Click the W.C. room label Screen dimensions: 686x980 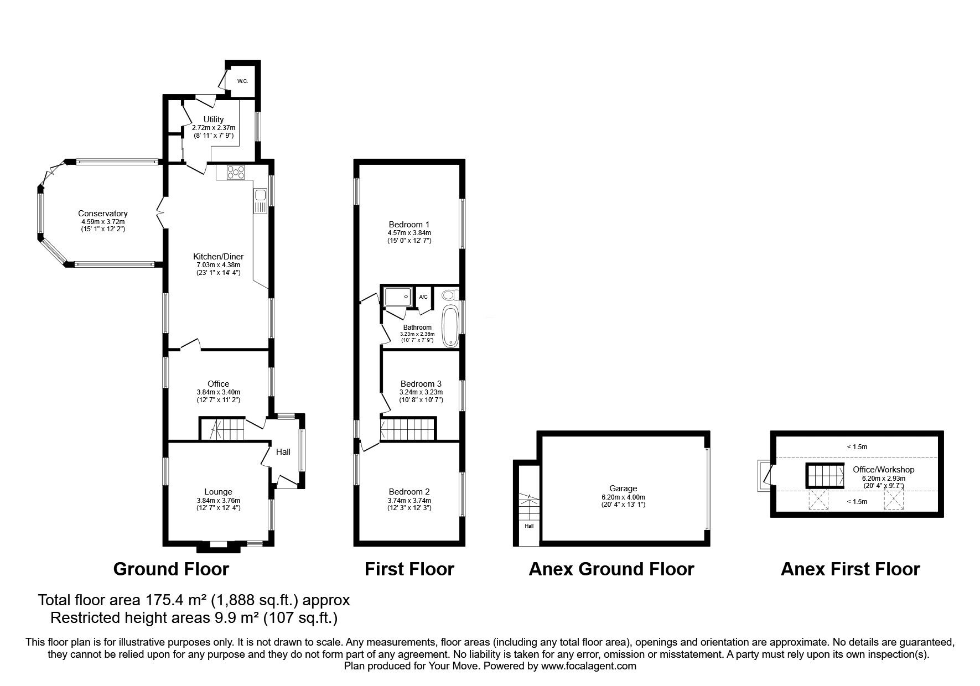pyautogui.click(x=242, y=81)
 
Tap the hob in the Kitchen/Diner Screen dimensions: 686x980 pyautogui.click(x=236, y=172)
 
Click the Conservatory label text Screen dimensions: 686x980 pyautogui.click(x=103, y=214)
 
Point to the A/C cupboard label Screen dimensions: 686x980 pyautogui.click(x=423, y=297)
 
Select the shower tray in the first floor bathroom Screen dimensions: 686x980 pyautogui.click(x=398, y=297)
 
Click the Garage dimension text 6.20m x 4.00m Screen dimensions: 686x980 pyautogui.click(x=624, y=497)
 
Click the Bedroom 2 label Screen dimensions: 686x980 pyautogui.click(x=409, y=492)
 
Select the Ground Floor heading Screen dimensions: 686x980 pyautogui.click(x=171, y=569)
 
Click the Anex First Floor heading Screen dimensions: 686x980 pyautogui.click(x=850, y=569)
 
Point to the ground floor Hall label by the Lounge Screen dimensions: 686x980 pyautogui.click(x=283, y=452)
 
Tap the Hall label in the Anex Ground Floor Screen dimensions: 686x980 pyautogui.click(x=529, y=526)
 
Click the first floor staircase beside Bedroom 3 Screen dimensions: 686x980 pyautogui.click(x=408, y=429)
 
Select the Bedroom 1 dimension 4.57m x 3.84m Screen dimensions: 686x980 pyautogui.click(x=409, y=233)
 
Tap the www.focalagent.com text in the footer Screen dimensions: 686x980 pyautogui.click(x=588, y=666)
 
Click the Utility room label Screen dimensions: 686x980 pyautogui.click(x=214, y=119)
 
